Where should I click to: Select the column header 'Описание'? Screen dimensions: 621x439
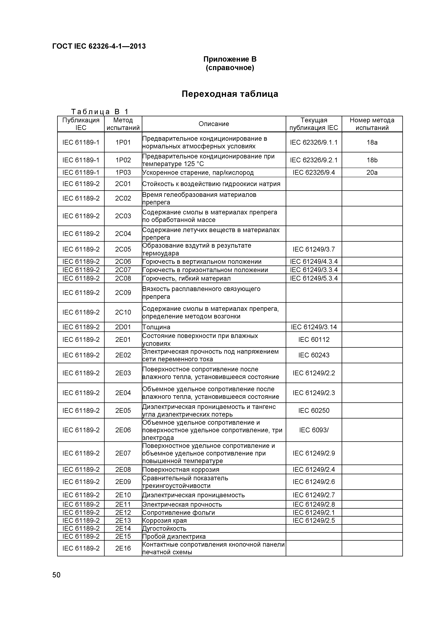(x=214, y=124)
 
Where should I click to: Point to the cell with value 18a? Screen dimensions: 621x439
(x=372, y=143)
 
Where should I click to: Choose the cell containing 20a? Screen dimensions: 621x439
(x=372, y=173)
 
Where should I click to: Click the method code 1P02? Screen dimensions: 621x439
(x=123, y=160)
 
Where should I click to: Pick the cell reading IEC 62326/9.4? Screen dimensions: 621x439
(x=314, y=173)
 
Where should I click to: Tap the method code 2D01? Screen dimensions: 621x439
(x=123, y=327)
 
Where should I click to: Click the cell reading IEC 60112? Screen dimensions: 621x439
(x=314, y=340)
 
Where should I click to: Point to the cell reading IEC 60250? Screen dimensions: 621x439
(x=314, y=411)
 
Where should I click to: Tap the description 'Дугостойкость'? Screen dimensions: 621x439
(x=164, y=528)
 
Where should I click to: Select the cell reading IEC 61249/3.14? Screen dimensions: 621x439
(x=314, y=327)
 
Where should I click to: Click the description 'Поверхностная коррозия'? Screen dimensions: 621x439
(x=181, y=469)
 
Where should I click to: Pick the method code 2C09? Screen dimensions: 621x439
(x=123, y=293)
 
